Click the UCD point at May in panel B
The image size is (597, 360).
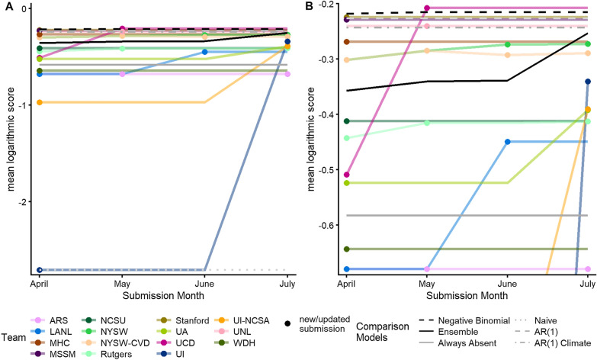(x=427, y=8)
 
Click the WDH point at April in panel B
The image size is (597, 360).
(x=347, y=249)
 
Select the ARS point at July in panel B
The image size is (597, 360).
(x=588, y=269)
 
